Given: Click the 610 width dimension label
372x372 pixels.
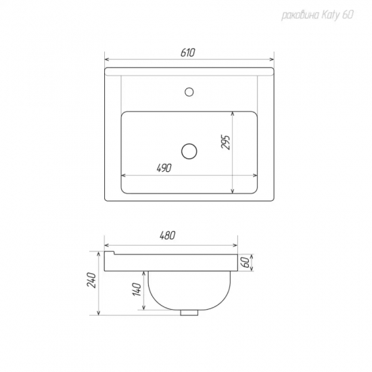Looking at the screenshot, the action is [187, 53].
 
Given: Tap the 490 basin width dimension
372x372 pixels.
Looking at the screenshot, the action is [164, 168].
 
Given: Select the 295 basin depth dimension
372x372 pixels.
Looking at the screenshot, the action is [226, 142].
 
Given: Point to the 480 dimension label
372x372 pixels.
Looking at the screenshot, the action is [168, 235].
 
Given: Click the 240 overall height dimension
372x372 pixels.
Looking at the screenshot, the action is [92, 281].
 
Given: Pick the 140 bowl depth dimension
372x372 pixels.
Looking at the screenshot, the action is [137, 289].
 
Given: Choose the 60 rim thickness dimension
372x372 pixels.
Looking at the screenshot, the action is [246, 262].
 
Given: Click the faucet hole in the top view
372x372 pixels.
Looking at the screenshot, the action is [189, 92].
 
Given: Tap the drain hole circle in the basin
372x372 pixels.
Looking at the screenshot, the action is [189, 152].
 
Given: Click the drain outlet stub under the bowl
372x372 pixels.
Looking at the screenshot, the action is [189, 312].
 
